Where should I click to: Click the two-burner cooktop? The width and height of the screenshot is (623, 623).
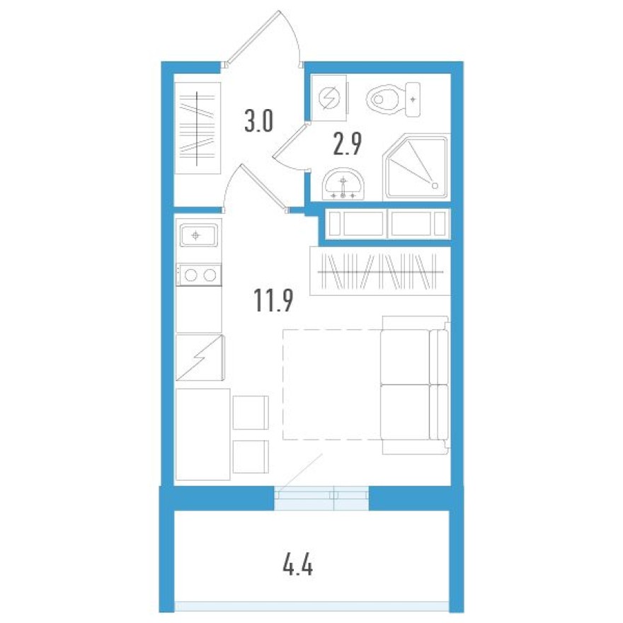pyautogui.click(x=199, y=275)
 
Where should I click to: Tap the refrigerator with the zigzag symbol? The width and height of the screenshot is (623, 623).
pyautogui.click(x=200, y=358)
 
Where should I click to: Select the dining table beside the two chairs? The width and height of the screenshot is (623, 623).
pyautogui.click(x=202, y=433)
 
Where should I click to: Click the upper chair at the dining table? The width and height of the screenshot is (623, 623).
pyautogui.click(x=251, y=411)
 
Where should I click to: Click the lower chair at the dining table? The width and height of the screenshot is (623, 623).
pyautogui.click(x=251, y=457)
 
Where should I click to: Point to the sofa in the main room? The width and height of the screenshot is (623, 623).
pyautogui.click(x=414, y=386)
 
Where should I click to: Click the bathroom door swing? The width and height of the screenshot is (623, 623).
pyautogui.click(x=290, y=146)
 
